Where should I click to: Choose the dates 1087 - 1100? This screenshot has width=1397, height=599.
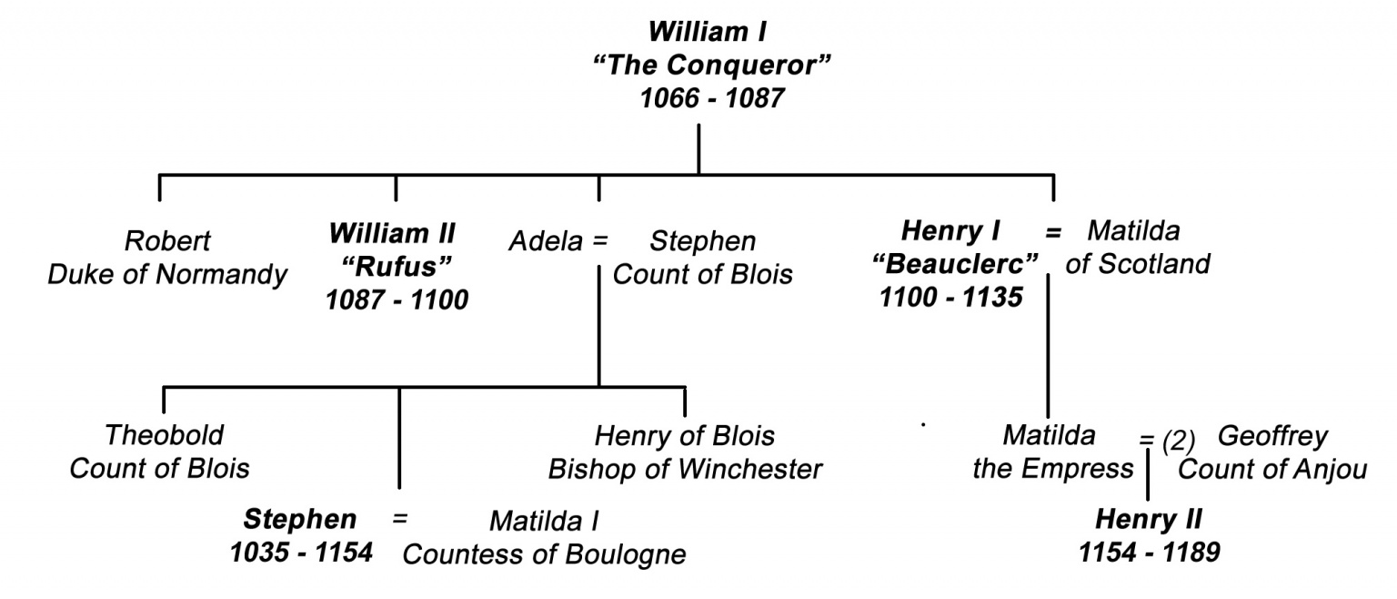click(397, 299)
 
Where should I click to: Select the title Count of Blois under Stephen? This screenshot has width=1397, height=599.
click(702, 274)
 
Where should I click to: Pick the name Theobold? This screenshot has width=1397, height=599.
click(165, 435)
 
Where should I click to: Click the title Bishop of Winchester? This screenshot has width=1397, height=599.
click(685, 469)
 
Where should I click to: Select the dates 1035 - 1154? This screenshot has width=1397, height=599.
click(302, 553)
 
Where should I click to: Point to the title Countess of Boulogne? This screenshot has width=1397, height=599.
click(544, 554)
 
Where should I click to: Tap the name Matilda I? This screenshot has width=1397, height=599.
click(544, 521)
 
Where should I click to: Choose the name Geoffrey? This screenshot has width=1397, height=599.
click(1271, 436)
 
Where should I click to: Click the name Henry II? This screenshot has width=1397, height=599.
click(1148, 520)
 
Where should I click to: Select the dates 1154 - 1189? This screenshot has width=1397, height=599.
click(1148, 553)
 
